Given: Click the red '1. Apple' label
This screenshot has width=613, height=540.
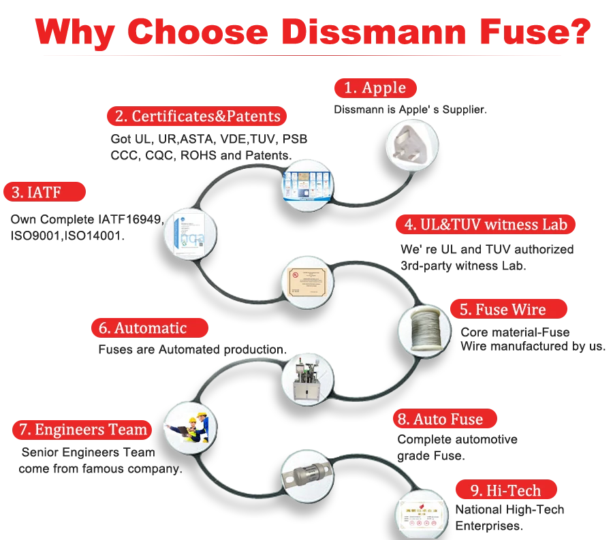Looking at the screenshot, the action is (x=375, y=88).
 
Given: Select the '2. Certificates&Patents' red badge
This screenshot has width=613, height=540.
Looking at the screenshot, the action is (x=197, y=116).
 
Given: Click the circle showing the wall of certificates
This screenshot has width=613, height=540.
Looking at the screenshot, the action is (x=308, y=186).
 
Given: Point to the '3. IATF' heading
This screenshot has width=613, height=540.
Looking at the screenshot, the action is (x=44, y=192).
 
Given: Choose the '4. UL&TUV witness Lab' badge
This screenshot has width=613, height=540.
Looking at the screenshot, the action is (x=486, y=225).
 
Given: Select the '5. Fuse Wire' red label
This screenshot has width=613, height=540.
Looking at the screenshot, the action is (x=509, y=309).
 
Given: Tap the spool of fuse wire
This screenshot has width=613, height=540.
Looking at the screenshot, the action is (x=425, y=330).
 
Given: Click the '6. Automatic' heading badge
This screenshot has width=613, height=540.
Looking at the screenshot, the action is (x=150, y=328).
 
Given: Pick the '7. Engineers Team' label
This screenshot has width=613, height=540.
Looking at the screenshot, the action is (x=82, y=430).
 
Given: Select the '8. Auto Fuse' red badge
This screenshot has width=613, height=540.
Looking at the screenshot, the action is (x=445, y=419).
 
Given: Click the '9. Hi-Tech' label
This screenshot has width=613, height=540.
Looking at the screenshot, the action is (x=506, y=490).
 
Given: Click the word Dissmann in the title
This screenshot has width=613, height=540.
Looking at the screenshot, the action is (x=374, y=32).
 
